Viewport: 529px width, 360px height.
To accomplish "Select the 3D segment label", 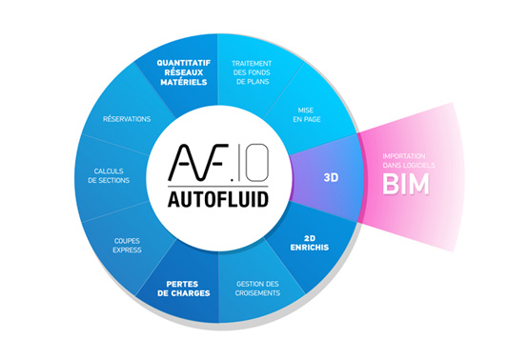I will tap(332, 177).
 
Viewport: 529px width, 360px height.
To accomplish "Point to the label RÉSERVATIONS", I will tap(127, 119).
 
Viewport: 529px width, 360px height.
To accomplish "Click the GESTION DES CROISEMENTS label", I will tap(260, 290).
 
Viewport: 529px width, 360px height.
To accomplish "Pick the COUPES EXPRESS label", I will tap(128, 245).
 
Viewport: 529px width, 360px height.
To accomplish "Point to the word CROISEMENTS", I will tap(260, 295).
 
